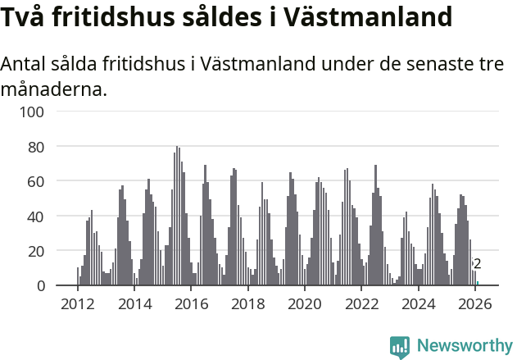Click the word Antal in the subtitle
point(24,64)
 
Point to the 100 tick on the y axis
point(43,112)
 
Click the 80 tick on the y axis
point(46,147)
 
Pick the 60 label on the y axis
point(46,181)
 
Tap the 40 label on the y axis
point(46,216)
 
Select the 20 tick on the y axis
point(46,251)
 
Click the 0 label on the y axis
point(50,285)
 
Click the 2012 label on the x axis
point(78,303)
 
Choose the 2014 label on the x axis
point(134,303)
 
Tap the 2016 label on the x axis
point(191,303)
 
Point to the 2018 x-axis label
point(247,303)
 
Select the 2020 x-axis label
point(305,303)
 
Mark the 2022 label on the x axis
point(361,303)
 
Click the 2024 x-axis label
point(418,303)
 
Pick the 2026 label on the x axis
point(474,303)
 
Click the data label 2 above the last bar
point(477,264)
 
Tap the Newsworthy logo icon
point(400,346)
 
